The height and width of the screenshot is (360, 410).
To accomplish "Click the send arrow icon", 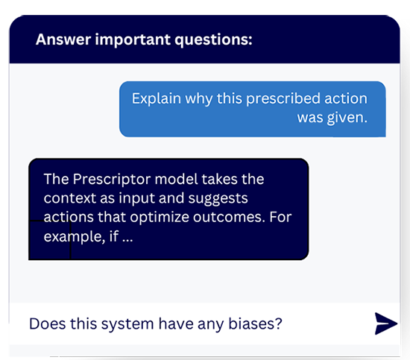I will click(385, 323).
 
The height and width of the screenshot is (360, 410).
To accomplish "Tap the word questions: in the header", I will click(212, 40).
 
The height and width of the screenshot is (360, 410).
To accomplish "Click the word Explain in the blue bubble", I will click(155, 99).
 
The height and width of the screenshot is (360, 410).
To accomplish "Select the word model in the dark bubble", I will click(182, 180).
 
